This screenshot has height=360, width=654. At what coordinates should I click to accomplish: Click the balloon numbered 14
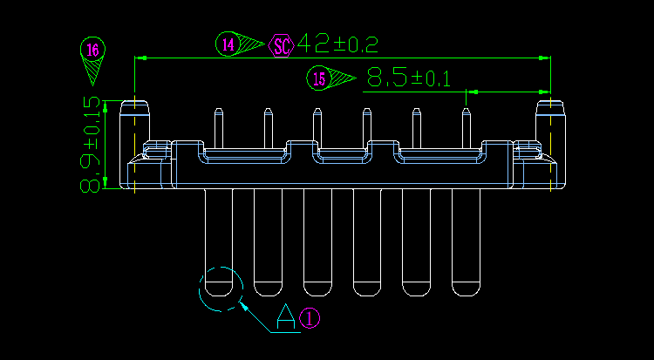coord(228,44)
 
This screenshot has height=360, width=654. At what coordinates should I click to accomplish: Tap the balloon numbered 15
coord(319,79)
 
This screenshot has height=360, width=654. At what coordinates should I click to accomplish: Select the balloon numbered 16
coord(92,49)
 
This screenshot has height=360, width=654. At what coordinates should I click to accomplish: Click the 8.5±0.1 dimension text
coord(408,78)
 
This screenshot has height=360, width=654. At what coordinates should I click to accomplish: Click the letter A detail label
coord(286,316)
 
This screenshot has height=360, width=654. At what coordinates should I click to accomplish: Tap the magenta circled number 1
coord(311,318)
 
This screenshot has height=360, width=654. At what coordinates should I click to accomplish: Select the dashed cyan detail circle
coord(220,289)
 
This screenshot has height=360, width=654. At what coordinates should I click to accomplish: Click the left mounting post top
coord(135,107)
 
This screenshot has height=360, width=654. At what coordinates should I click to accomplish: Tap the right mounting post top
coord(550,107)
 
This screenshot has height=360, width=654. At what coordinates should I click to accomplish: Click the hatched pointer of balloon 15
coord(344,78)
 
